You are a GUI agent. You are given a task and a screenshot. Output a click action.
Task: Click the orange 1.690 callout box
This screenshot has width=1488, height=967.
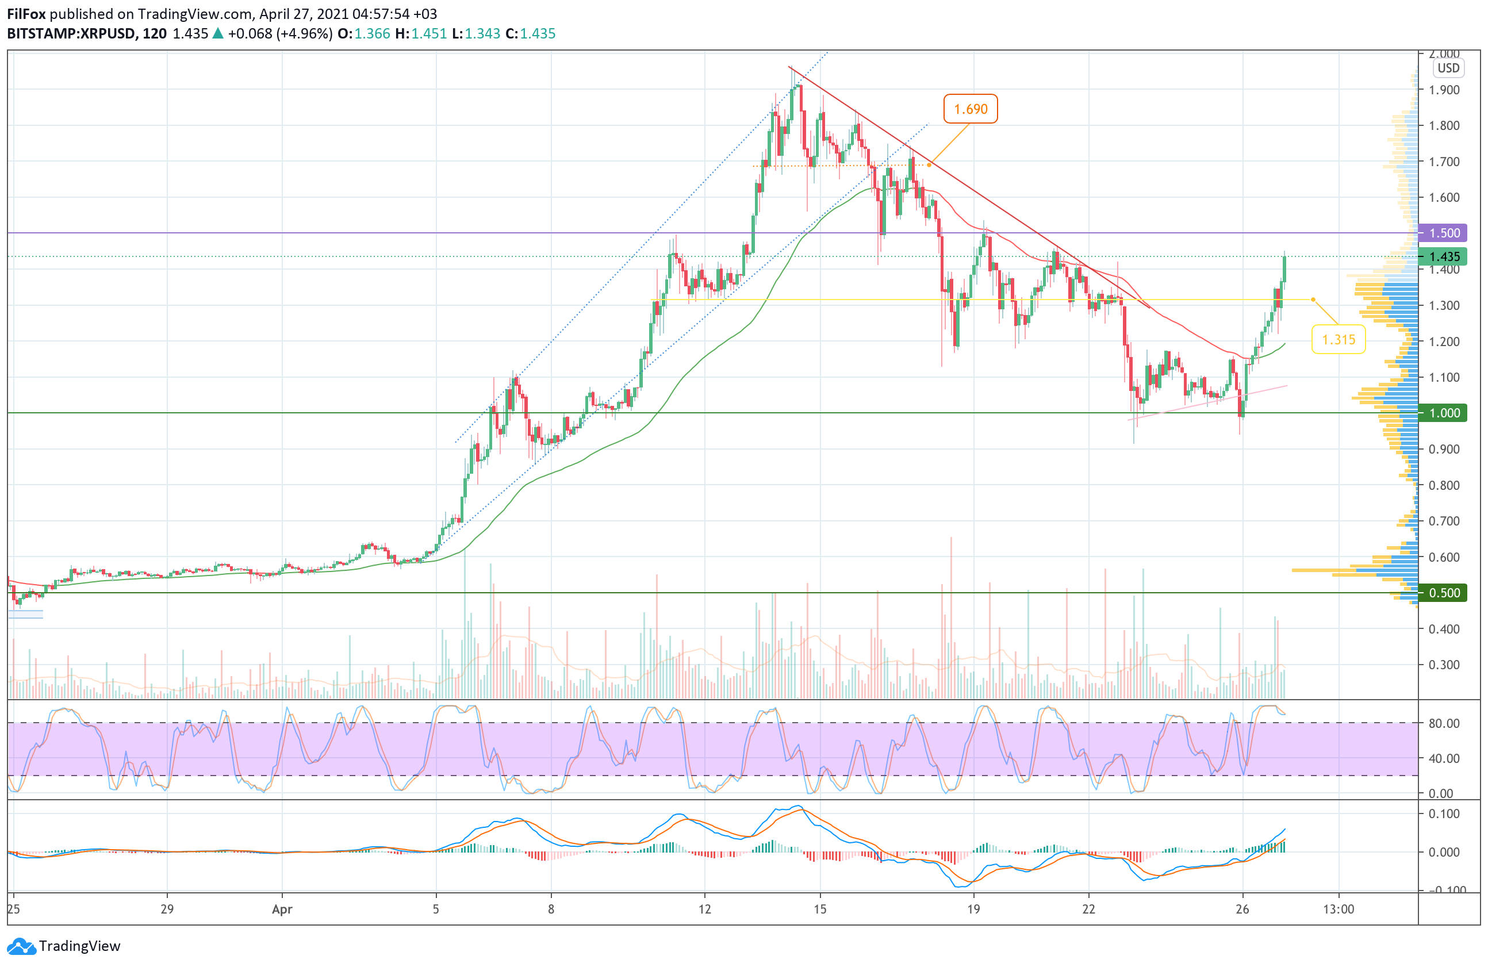[x=970, y=109]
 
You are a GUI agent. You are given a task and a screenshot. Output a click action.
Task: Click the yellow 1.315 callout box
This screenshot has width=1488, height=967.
[x=1337, y=339]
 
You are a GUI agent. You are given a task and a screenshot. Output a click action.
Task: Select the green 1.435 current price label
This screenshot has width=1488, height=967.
[x=1444, y=256]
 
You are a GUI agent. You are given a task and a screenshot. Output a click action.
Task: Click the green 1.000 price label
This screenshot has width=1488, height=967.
[x=1444, y=413]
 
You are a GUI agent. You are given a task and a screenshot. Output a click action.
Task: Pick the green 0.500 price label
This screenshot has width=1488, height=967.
[x=1444, y=593]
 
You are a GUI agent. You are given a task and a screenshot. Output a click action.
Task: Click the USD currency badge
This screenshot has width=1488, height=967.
[x=1448, y=68]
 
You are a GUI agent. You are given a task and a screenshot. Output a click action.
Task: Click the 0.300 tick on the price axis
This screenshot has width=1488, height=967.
[x=1444, y=665]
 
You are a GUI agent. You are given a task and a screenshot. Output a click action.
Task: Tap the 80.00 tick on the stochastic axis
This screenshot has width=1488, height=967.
[x=1444, y=723]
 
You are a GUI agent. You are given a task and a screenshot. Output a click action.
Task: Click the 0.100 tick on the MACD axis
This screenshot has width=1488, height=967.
[x=1444, y=813]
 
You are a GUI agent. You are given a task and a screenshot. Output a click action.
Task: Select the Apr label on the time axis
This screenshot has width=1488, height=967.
[x=282, y=910]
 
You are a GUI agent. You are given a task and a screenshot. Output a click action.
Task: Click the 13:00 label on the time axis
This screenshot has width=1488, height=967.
[x=1339, y=910]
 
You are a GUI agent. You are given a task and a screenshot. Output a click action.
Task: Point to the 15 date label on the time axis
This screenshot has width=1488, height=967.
[x=820, y=910]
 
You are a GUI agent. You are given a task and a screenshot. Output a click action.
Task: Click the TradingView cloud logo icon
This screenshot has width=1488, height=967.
[x=22, y=946]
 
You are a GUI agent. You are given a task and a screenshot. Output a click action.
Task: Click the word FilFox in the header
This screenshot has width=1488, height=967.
[x=26, y=14]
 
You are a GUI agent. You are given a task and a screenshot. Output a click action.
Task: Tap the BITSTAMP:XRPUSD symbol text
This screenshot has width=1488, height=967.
[x=71, y=34]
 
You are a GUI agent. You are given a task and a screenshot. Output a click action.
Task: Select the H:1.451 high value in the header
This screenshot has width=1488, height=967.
[x=421, y=34]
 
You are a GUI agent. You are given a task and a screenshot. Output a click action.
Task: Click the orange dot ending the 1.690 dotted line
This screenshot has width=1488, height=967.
[x=929, y=165]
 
